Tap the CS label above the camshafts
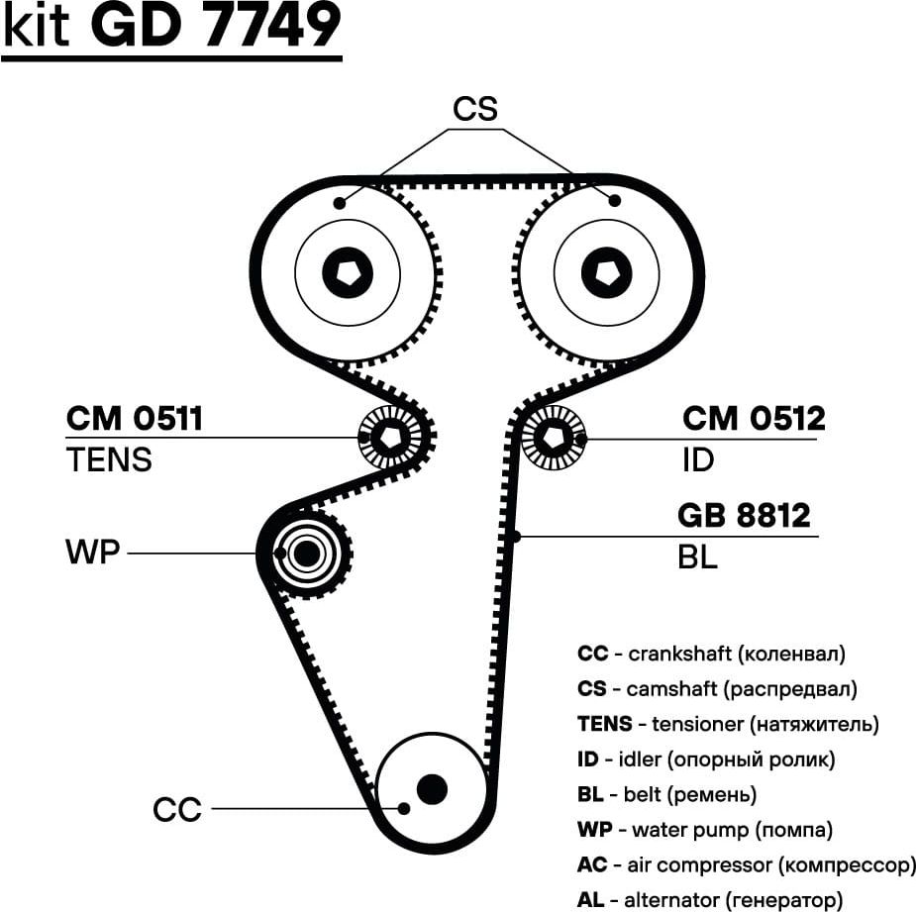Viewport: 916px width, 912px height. [x=474, y=109]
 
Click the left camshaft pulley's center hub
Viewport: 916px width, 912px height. [x=348, y=270]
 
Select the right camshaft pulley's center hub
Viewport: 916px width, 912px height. [x=606, y=270]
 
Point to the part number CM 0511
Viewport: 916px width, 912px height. [x=135, y=419]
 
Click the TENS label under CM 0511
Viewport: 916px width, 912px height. [x=109, y=459]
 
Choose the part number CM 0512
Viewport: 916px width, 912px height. [x=754, y=419]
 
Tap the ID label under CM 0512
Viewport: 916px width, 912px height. [x=698, y=459]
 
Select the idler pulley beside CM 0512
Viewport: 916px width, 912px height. [x=551, y=437]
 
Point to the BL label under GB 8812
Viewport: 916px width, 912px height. [x=697, y=557]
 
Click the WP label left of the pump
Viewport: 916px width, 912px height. [x=92, y=552]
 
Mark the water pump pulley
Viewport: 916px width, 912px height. [x=307, y=554]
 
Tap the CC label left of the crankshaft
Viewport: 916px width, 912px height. [x=177, y=809]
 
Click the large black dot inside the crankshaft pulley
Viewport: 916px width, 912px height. [x=432, y=789]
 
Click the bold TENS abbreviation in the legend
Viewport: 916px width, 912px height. [x=604, y=724]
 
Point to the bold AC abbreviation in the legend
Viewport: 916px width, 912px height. [x=592, y=864]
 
